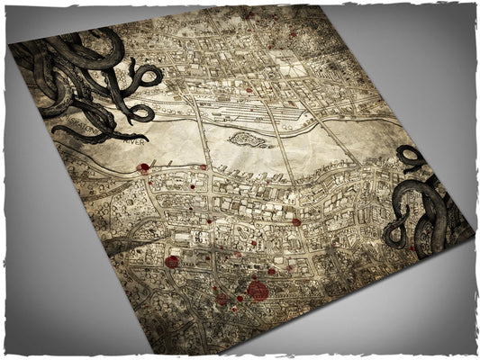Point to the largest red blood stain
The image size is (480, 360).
(x=258, y=290)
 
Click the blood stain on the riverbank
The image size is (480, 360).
(x=143, y=167)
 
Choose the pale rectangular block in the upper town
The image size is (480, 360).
(x=286, y=62)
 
